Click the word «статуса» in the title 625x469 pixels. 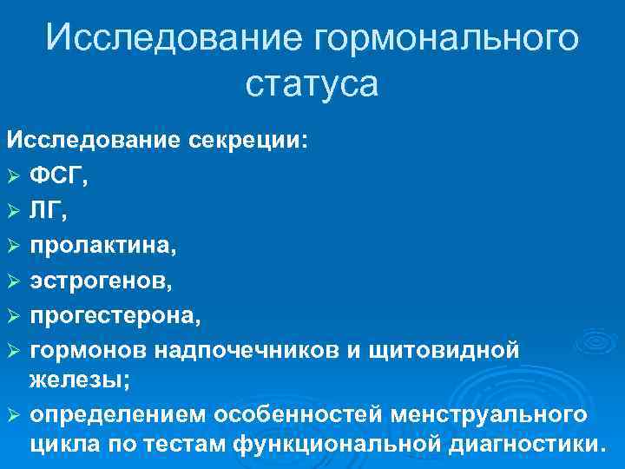coord(312,85)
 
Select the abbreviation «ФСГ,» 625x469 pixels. coord(59,177)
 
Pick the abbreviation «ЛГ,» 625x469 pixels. coord(49,211)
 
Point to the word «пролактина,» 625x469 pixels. coord(103,246)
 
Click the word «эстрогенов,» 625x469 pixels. coord(101,281)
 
